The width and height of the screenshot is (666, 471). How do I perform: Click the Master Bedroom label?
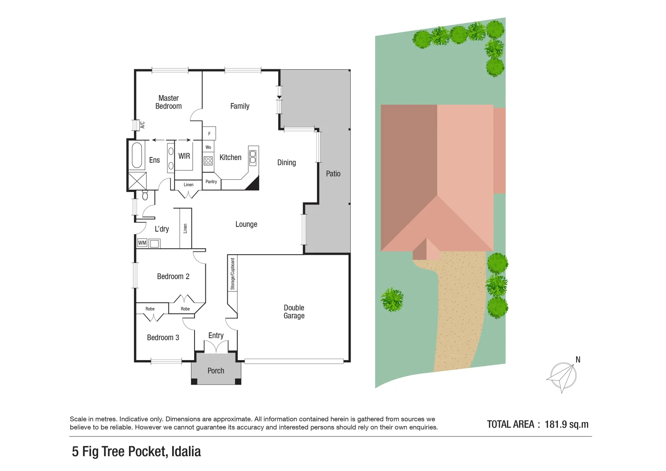point(168,102)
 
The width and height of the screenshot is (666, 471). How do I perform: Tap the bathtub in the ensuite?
point(137,155)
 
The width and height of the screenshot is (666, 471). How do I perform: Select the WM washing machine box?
point(142,243)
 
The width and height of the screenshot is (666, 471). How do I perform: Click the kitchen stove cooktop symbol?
point(208,160)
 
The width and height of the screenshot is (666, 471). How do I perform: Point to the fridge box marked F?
point(209,133)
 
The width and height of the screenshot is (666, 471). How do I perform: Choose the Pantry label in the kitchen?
point(211,181)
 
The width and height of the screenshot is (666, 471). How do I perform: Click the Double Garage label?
point(294,312)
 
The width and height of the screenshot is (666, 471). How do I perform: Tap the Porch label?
point(216,371)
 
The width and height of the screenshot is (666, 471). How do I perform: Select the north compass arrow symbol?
point(563,376)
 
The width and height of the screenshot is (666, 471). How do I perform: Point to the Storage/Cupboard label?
point(232,274)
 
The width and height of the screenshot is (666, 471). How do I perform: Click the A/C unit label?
point(142,125)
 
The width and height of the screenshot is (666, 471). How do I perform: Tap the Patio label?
point(333,174)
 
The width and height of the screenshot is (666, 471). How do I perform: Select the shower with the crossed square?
point(137,181)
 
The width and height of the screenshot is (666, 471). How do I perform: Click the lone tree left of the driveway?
point(392,300)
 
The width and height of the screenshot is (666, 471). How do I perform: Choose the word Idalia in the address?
point(186,451)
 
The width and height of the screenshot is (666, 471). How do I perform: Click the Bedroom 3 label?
point(163,338)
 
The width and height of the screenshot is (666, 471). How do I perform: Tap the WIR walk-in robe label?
point(184,156)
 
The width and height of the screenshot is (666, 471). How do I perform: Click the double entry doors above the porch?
point(216,347)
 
